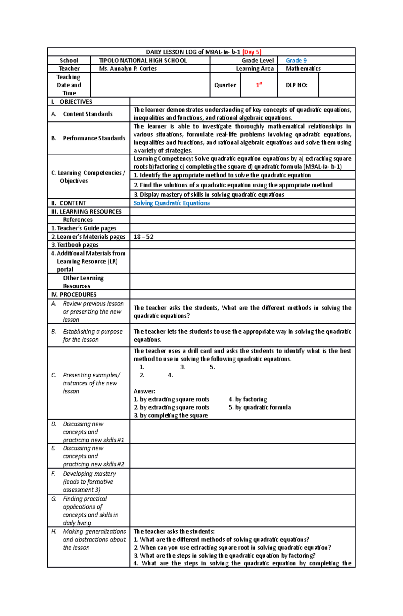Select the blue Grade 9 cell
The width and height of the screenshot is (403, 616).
[296, 60]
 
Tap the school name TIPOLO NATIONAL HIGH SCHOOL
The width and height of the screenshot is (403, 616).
[143, 60]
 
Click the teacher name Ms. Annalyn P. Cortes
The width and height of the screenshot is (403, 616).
[128, 68]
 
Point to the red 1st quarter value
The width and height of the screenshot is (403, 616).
[259, 85]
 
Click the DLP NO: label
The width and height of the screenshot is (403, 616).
[297, 85]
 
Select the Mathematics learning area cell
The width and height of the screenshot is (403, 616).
[303, 68]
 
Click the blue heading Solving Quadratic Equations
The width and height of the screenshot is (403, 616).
[172, 203]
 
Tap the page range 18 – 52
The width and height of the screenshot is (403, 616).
[143, 237]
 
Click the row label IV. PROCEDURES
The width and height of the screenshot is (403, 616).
[74, 294]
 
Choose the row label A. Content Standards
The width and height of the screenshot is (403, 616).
[82, 114]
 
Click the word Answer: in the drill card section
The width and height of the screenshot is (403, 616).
[144, 391]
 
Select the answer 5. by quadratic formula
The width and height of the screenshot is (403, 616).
[260, 407]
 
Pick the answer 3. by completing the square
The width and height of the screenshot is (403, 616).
[171, 415]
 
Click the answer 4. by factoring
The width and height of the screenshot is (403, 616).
[248, 399]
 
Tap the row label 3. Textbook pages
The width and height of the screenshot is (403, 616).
[75, 245]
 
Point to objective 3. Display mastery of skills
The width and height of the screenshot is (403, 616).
[209, 194]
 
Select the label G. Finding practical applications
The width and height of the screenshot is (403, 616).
[88, 511]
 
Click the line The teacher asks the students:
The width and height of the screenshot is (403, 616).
[174, 531]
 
